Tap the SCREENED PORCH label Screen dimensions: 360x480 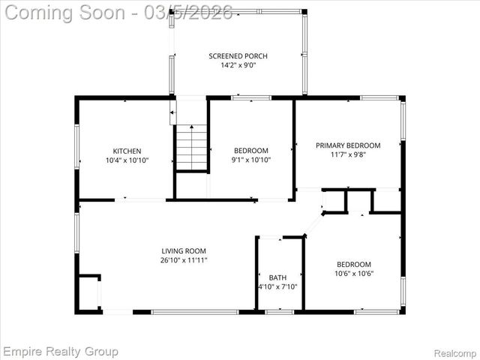click(x=238, y=56)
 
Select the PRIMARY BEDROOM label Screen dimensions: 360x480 click(x=347, y=145)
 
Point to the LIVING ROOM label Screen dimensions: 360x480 click(x=184, y=251)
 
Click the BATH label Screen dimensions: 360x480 click(x=277, y=277)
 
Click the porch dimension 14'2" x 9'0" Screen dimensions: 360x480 click(x=238, y=66)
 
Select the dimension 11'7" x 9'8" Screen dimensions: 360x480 click(x=347, y=155)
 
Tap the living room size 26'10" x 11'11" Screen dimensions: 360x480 click(x=184, y=260)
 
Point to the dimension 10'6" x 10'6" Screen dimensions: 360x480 click(x=354, y=274)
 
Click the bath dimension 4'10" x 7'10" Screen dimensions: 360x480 click(x=277, y=287)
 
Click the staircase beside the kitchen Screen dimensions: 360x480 click(x=192, y=148)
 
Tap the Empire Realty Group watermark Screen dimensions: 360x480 click(x=60, y=351)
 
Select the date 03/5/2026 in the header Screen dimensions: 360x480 click(x=190, y=12)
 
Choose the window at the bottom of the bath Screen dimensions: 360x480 click(x=279, y=311)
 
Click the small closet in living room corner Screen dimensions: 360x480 click(x=88, y=292)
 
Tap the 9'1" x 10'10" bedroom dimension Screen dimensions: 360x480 click(x=250, y=160)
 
